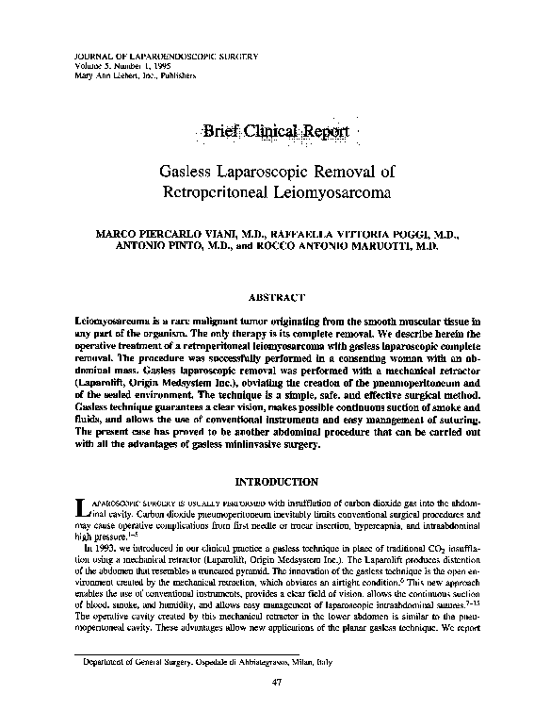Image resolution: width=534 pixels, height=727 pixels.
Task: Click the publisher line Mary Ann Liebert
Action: coord(126,76)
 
